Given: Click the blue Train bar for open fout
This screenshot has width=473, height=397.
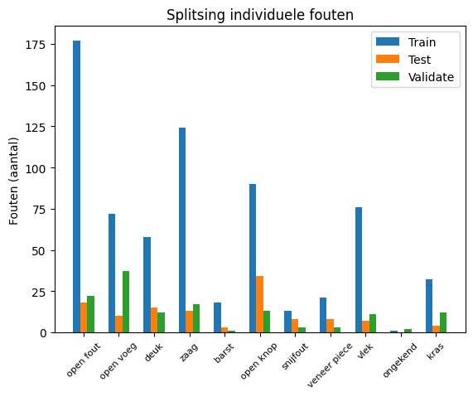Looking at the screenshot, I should (x=76, y=186).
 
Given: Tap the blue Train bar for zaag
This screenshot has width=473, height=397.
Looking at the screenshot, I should (x=182, y=230).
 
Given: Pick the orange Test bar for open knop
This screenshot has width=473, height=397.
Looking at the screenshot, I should (x=260, y=304).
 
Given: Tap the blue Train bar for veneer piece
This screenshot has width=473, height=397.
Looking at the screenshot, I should (x=323, y=315).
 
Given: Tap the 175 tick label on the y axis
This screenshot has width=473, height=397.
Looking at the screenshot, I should (x=44, y=44).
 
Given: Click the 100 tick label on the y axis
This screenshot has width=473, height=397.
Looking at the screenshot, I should (x=44, y=168).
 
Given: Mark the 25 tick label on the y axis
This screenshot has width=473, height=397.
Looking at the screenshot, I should (x=46, y=292).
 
